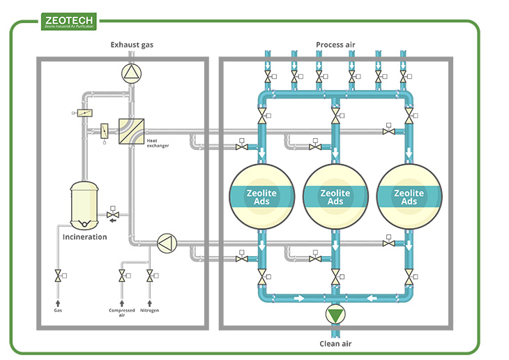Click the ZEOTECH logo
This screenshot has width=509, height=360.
tap(70, 22)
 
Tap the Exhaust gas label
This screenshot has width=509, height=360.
tap(131, 45)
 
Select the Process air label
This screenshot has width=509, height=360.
tap(335, 45)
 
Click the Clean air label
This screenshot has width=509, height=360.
tap(335, 343)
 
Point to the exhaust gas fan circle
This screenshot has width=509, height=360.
tap(131, 72)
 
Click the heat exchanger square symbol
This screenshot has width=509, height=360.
tap(131, 130)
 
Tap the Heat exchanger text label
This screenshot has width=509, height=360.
tap(157, 143)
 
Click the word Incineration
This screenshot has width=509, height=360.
tap(85, 237)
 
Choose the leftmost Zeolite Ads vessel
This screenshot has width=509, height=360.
tap(262, 197)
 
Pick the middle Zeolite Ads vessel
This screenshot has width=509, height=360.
tap(335, 197)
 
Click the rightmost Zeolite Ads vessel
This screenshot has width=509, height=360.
tap(409, 197)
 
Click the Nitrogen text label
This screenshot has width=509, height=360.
tap(149, 310)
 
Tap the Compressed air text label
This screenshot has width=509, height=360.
tap(122, 313)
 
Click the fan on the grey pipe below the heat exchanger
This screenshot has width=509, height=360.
tap(166, 243)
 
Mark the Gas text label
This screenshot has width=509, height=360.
tap(58, 310)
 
